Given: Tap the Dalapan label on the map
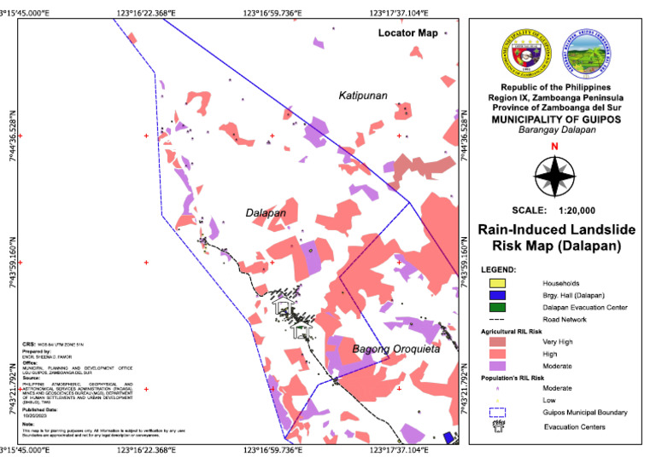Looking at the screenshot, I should pos(266,213).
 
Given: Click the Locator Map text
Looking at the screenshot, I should pos(407,33).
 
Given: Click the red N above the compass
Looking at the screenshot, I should pos(555,147).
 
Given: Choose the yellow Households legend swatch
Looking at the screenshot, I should pos(498,283).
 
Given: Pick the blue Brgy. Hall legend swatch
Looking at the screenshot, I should pos(498,295).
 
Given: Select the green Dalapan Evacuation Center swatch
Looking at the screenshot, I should pos(498,307).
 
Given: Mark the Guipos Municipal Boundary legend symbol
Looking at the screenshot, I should pos(498,413).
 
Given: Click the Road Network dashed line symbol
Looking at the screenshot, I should pos(498,319).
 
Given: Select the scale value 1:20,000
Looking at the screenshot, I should pos(572,210).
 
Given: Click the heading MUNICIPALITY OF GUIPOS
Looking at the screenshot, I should pos(555,119).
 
